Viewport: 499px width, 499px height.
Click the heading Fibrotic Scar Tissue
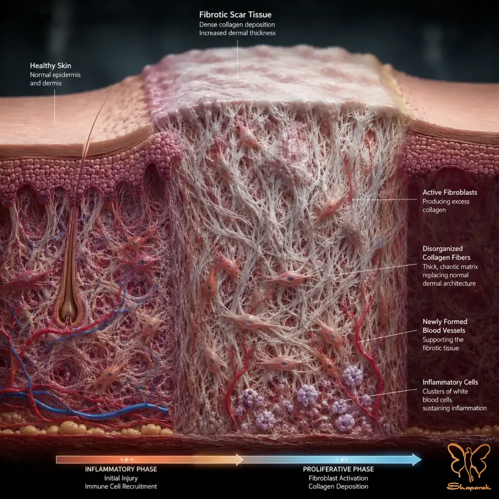pos(235,14)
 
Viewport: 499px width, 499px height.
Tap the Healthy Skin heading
pos(50,65)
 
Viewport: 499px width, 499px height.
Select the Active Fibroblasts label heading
pos(450,192)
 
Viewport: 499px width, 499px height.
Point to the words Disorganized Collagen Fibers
pos(446,253)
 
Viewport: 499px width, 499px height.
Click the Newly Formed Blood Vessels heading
pos(445,326)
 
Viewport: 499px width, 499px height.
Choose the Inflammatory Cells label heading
pos(450,382)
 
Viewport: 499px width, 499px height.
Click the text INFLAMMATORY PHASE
pos(121,469)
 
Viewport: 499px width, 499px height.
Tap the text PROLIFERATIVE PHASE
pos(338,469)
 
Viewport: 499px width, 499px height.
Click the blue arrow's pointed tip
pos(421,460)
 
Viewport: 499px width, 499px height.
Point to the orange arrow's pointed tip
pos(243,460)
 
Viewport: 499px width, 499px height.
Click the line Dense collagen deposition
pos(237,24)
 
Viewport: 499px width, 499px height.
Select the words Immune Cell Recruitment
pos(121,486)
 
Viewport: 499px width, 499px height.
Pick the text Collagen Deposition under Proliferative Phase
pos(338,486)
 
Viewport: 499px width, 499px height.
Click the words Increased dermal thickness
pos(238,33)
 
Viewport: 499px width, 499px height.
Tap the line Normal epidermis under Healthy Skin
pos(55,75)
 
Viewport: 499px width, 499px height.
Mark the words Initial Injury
pos(121,478)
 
